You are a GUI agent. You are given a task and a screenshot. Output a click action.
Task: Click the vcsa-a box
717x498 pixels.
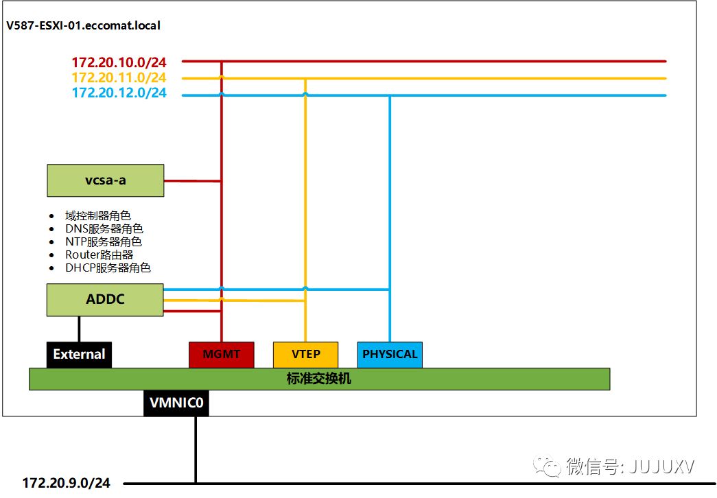point(105,180)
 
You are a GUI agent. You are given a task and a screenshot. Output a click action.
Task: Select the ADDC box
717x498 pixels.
point(105,300)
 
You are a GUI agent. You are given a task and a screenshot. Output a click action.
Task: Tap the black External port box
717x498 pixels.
point(79,354)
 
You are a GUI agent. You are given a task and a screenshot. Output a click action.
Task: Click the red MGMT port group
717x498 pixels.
point(221,354)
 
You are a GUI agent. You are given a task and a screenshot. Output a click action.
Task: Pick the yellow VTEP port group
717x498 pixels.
point(305,354)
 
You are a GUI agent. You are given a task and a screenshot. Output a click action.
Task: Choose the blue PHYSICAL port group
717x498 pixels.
point(390,354)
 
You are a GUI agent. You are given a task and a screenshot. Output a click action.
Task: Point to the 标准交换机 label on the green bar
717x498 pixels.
point(318,379)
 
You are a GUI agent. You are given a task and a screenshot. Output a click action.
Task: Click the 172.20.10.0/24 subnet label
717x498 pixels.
point(119,62)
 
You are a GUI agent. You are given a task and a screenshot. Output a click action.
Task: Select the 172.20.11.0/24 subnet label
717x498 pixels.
point(119,78)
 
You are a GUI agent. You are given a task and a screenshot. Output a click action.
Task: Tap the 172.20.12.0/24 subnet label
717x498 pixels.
point(119,93)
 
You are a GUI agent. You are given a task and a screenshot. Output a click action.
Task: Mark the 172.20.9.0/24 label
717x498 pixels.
point(66,483)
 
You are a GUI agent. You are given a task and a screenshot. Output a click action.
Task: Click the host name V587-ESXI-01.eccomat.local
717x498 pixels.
point(83,25)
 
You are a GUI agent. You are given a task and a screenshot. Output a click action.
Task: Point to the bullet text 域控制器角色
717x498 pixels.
point(97,215)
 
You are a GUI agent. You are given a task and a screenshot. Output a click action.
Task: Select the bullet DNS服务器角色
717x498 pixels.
point(104,228)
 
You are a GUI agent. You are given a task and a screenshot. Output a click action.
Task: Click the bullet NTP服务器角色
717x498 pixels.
point(104,241)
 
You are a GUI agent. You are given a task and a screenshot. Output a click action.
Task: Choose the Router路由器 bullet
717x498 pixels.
point(99,254)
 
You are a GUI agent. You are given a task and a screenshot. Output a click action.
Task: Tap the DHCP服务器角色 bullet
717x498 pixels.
point(108,268)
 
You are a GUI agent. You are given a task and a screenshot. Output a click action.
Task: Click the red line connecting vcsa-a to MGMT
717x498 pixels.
point(192,181)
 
